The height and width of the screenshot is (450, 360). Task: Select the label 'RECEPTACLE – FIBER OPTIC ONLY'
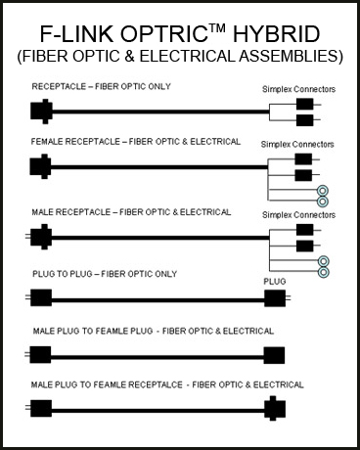(x=101, y=87)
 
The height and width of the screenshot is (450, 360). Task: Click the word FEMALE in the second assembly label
(x=52, y=142)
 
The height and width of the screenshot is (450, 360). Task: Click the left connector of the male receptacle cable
(x=40, y=237)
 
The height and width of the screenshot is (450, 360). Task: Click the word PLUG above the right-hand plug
(x=275, y=279)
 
